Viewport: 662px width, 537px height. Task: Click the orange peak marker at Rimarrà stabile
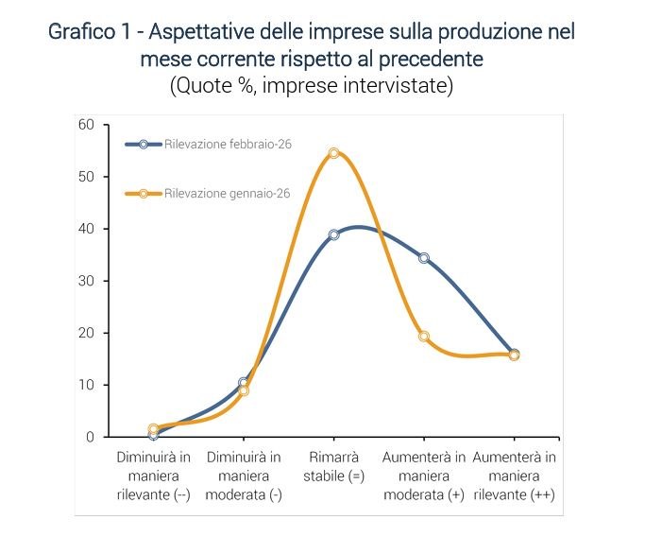point(333,153)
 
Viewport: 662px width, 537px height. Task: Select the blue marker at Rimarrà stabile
point(333,234)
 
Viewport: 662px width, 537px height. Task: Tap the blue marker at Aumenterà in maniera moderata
point(424,258)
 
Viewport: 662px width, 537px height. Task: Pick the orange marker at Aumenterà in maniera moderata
point(424,337)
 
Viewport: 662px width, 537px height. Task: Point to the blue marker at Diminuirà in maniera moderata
point(244,383)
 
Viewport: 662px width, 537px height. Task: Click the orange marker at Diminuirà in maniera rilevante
point(153,429)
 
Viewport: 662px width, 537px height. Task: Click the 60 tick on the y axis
point(87,125)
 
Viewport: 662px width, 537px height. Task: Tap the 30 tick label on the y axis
point(87,281)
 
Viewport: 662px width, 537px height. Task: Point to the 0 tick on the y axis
point(91,437)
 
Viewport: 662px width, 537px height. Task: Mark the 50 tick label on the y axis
point(87,177)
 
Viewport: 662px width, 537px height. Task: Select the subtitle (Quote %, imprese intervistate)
point(312,86)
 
